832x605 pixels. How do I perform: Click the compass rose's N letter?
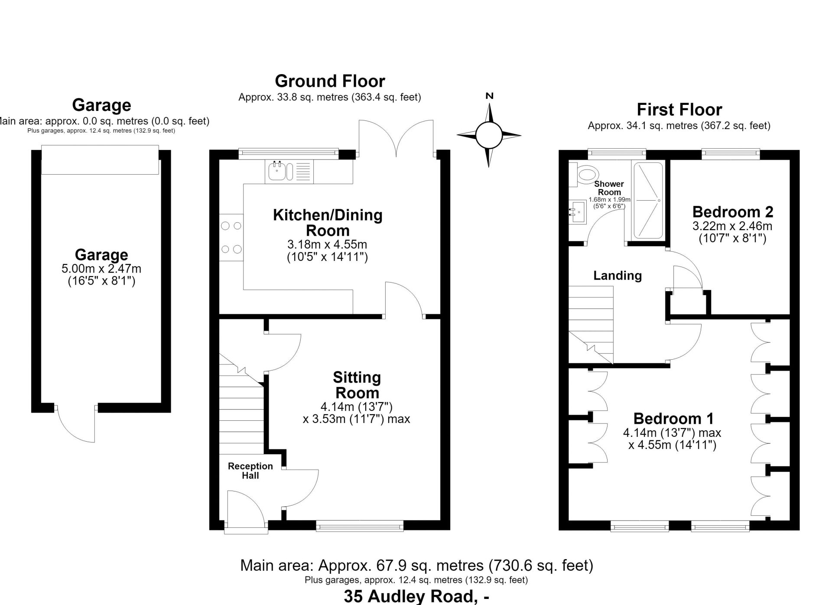click(489, 96)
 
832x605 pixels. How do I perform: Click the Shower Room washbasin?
click(578, 212)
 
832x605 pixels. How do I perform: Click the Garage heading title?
click(101, 105)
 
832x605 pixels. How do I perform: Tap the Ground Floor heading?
click(330, 81)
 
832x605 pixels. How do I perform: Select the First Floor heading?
click(679, 110)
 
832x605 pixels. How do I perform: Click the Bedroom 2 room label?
click(733, 212)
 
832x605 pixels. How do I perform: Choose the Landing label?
click(617, 276)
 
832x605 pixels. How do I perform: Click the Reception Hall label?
click(250, 471)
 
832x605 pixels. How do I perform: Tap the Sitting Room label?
click(357, 385)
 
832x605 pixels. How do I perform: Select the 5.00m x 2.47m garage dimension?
click(101, 269)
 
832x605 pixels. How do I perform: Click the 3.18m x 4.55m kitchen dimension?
click(327, 244)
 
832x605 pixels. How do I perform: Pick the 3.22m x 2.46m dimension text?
click(732, 226)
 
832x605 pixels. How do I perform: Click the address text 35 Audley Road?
click(409, 597)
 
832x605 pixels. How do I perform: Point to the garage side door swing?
click(76, 425)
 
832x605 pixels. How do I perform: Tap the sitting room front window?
click(360, 527)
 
